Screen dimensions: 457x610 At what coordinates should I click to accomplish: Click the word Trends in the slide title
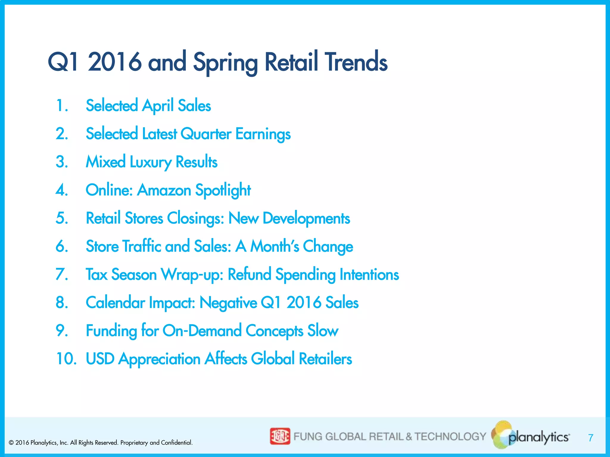pyautogui.click(x=356, y=62)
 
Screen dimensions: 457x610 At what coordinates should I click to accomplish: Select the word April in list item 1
pyautogui.click(x=158, y=106)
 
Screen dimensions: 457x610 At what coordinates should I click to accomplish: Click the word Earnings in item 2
pyautogui.click(x=263, y=134)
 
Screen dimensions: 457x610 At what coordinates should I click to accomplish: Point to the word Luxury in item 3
pyautogui.click(x=150, y=162)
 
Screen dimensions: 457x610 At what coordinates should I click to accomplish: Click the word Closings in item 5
pyautogui.click(x=195, y=218)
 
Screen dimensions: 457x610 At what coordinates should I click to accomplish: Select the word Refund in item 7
pyautogui.click(x=249, y=274)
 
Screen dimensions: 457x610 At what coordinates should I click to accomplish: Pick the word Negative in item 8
pyautogui.click(x=228, y=303)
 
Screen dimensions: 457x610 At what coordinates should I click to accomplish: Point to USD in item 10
pyautogui.click(x=100, y=359)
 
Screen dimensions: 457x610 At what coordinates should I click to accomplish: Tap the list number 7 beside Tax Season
pyautogui.click(x=62, y=274)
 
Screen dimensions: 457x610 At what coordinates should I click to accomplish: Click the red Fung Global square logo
pyautogui.click(x=280, y=436)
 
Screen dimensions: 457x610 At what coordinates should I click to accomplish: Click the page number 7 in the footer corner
pyautogui.click(x=591, y=438)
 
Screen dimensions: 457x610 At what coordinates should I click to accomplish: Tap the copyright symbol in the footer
pyautogui.click(x=11, y=443)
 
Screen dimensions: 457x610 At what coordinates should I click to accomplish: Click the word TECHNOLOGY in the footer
pyautogui.click(x=450, y=436)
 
